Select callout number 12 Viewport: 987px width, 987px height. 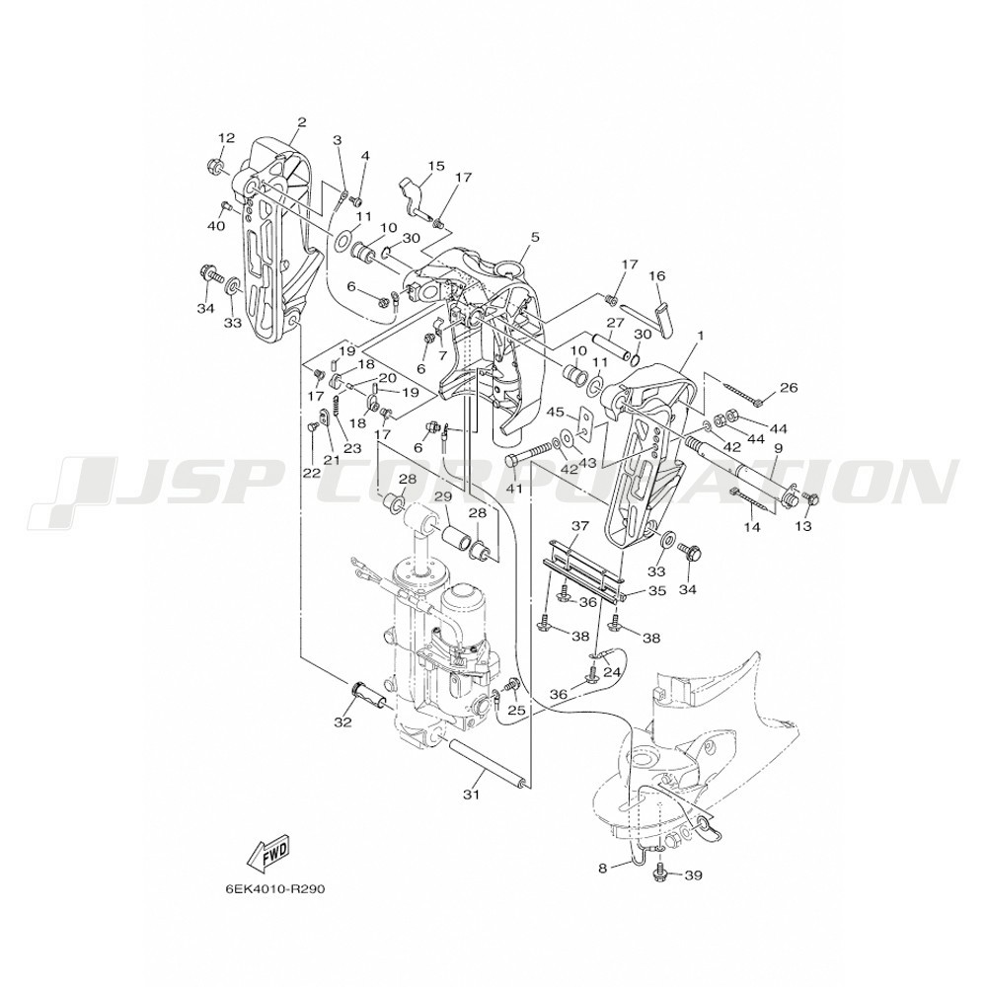[226, 137]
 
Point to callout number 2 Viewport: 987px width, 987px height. [301, 122]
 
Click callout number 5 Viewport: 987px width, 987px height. [535, 237]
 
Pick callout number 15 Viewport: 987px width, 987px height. [436, 166]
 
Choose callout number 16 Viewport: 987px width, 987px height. [656, 275]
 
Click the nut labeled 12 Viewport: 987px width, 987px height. [211, 167]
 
